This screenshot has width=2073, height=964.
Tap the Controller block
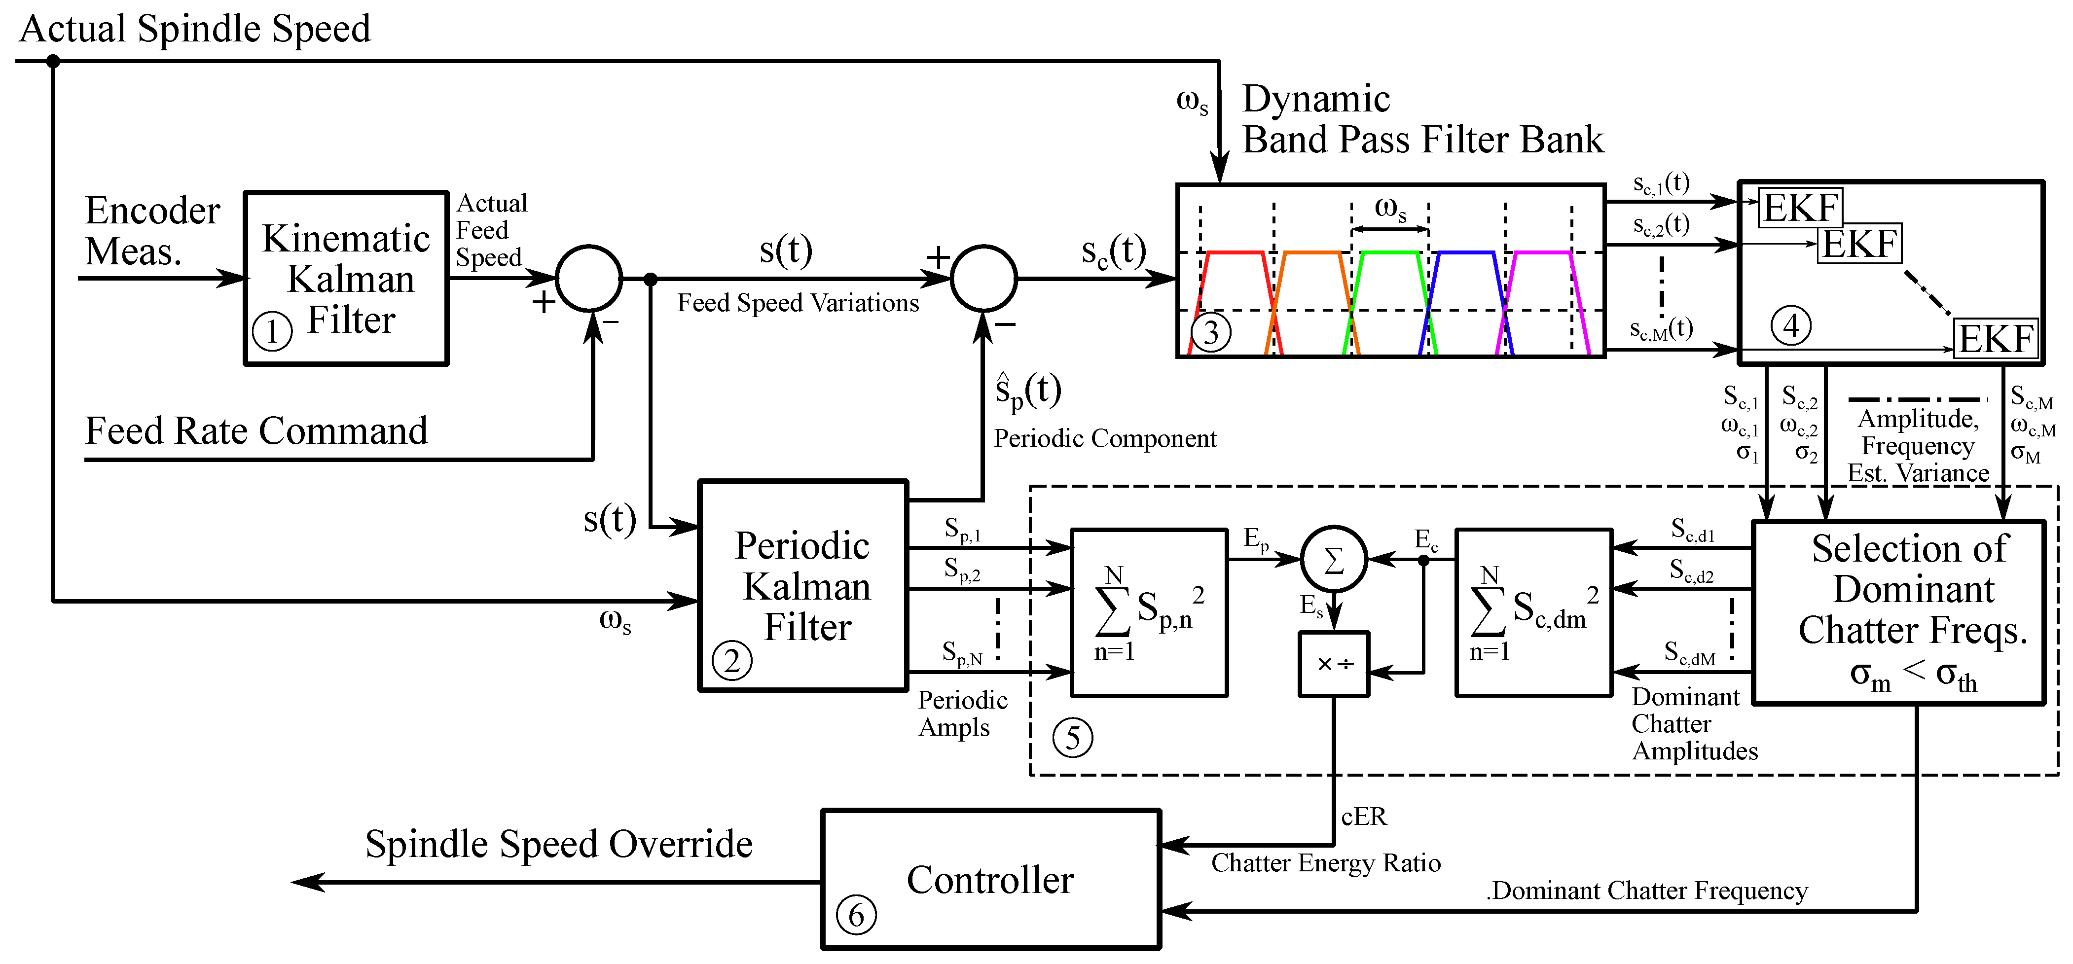click(990, 880)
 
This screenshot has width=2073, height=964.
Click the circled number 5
click(1073, 737)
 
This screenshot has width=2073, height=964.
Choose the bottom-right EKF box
click(1996, 338)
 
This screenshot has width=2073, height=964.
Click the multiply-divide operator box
click(1334, 664)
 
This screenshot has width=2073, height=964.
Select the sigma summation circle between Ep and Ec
click(1334, 559)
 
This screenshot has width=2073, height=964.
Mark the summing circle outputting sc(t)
click(983, 279)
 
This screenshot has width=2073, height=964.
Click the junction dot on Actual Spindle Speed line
click(53, 61)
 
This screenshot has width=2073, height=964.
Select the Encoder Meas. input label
click(151, 231)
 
